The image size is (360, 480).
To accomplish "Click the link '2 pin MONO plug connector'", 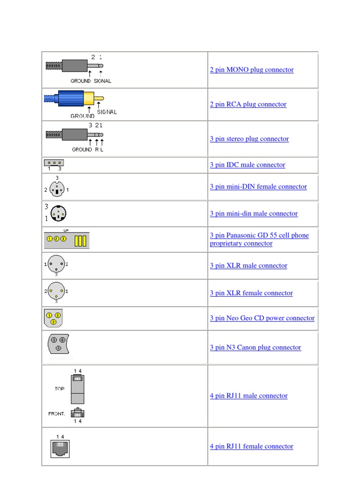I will pyautogui.click(x=252, y=70).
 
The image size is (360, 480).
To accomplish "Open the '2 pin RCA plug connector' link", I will pyautogui.click(x=248, y=104).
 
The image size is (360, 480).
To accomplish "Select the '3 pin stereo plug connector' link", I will pyautogui.click(x=249, y=139).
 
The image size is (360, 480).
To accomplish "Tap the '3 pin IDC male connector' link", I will pyautogui.click(x=247, y=165).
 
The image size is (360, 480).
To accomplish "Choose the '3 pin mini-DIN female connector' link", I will pyautogui.click(x=258, y=187).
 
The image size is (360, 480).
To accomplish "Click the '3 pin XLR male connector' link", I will pyautogui.click(x=248, y=265).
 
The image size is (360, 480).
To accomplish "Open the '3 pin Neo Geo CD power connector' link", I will pyautogui.click(x=262, y=318).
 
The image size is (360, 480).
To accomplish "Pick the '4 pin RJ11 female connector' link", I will pyautogui.click(x=251, y=446).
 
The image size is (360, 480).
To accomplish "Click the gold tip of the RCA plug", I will pyautogui.click(x=99, y=98).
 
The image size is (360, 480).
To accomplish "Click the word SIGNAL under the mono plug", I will pyautogui.click(x=102, y=81).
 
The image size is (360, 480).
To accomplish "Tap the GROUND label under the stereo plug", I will pyautogui.click(x=82, y=150).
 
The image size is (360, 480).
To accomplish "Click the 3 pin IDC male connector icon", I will pyautogui.click(x=54, y=163).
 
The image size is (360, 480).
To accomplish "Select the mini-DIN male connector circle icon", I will pyautogui.click(x=59, y=214).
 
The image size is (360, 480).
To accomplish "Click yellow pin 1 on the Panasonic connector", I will pyautogui.click(x=50, y=239).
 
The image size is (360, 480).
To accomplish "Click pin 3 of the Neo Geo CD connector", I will pyautogui.click(x=53, y=322).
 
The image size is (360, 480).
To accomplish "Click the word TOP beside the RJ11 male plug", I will pyautogui.click(x=60, y=389).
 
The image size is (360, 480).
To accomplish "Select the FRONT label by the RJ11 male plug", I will pyautogui.click(x=57, y=414).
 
